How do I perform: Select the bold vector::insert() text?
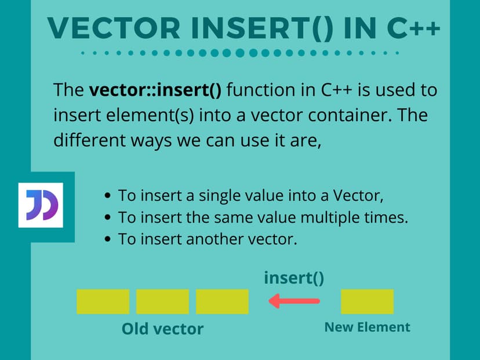(157, 90)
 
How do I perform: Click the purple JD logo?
(41, 205)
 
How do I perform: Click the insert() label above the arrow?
(294, 278)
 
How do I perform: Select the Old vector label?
(162, 329)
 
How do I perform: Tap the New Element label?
(367, 327)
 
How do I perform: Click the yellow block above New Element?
(367, 301)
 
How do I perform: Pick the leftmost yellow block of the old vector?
(103, 301)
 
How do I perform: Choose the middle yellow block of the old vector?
(162, 301)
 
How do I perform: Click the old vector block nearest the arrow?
(222, 301)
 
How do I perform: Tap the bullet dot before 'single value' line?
(108, 196)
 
